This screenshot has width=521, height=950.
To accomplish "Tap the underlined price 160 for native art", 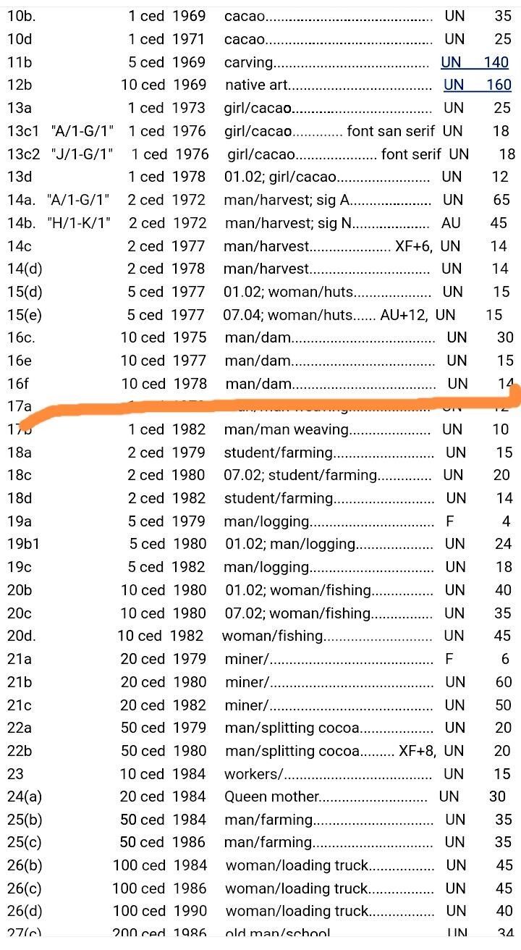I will pyautogui.click(x=499, y=85).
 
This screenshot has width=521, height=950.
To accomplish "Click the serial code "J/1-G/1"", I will pyautogui.click(x=82, y=154).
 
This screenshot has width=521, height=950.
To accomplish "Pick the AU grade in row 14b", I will pyautogui.click(x=451, y=223).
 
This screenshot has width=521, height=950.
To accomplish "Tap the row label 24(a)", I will pyautogui.click(x=25, y=796).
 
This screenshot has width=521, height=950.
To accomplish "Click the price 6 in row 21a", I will pyautogui.click(x=505, y=659).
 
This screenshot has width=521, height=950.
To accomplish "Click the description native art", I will pyautogui.click(x=256, y=85).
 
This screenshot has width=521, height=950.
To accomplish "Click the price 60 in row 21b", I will pyautogui.click(x=503, y=682).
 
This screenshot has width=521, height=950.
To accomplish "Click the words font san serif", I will pyautogui.click(x=391, y=131).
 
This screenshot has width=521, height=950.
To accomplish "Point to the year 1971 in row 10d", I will pyautogui.click(x=189, y=39).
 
